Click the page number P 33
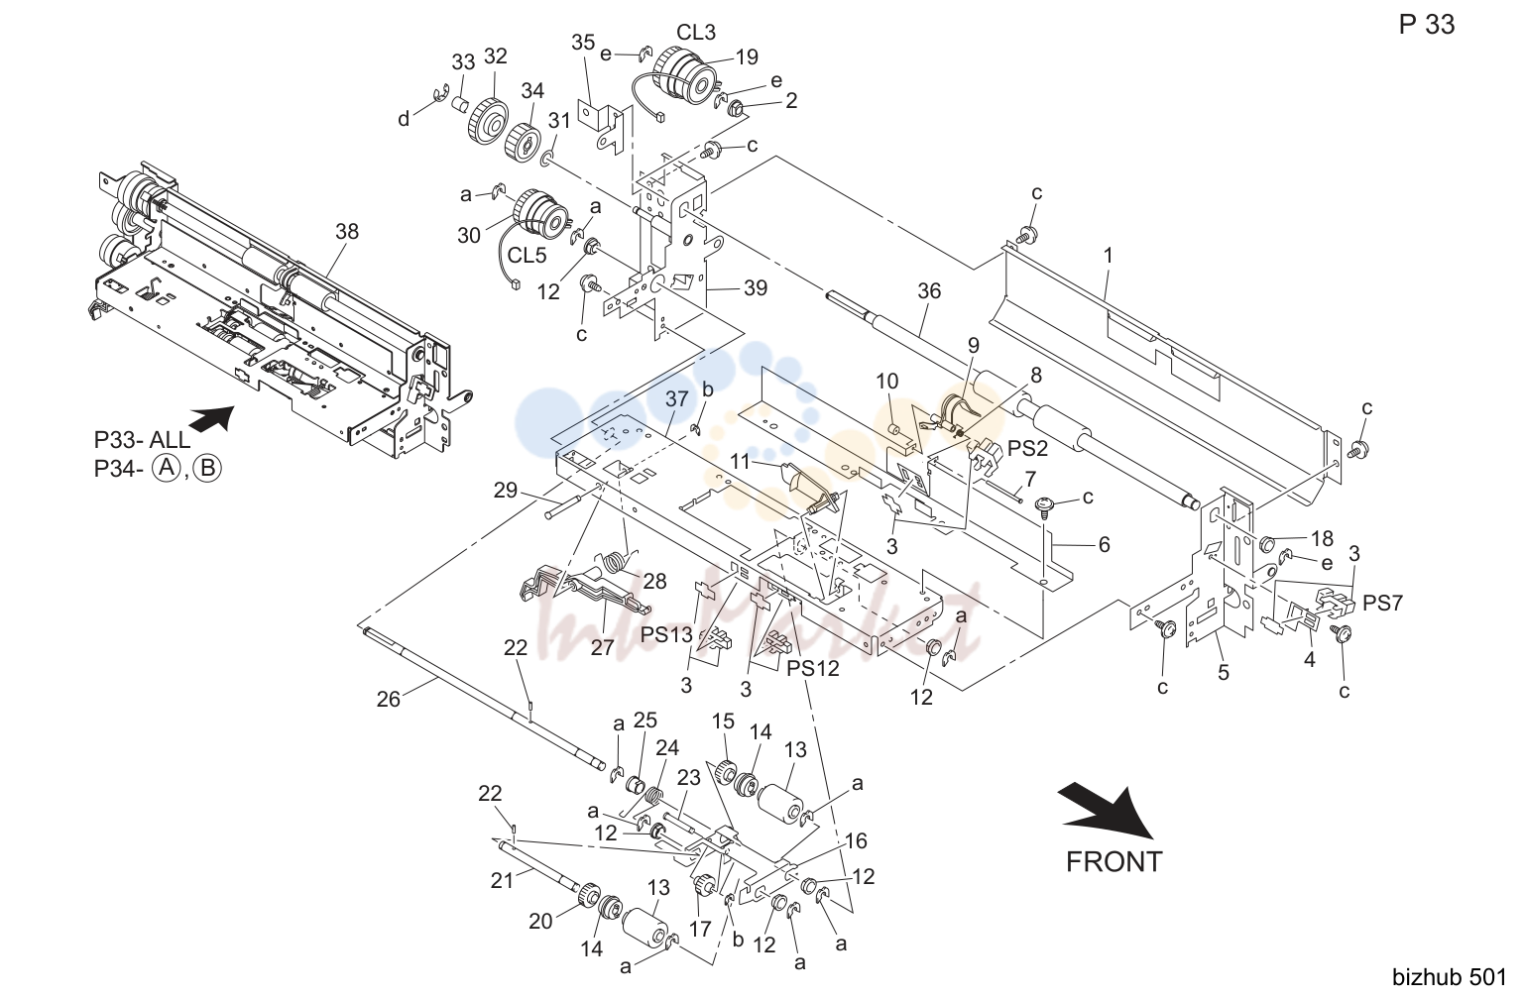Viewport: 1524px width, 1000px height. [x=1426, y=25]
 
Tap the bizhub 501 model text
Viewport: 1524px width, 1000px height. [x=1450, y=977]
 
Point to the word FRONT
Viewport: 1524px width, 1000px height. [x=1114, y=862]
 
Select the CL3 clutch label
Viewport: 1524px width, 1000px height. [x=696, y=32]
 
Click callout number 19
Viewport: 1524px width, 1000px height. [x=747, y=57]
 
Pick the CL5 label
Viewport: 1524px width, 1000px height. [x=528, y=256]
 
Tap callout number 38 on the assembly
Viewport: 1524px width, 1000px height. [x=347, y=231]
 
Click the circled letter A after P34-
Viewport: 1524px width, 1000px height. [x=166, y=469]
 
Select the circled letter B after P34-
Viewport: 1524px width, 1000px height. [x=207, y=469]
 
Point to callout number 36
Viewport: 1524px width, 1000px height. [x=929, y=291]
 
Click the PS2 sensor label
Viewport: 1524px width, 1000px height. [x=1028, y=449]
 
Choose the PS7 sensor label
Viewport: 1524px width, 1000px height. [x=1382, y=603]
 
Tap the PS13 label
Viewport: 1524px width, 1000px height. [x=666, y=635]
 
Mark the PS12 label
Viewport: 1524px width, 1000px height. [x=812, y=668]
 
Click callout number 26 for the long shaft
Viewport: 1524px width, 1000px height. [x=389, y=699]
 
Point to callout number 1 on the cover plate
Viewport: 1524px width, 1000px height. [x=1109, y=256]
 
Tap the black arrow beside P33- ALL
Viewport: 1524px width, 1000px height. [x=212, y=418]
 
